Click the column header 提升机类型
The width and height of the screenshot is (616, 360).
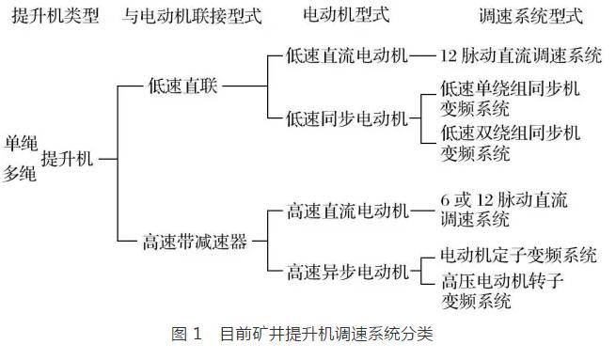point(53,16)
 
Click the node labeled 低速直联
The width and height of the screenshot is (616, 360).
point(182,86)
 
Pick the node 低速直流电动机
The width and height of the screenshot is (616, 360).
point(347,55)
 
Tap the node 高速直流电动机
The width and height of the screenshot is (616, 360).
point(347,211)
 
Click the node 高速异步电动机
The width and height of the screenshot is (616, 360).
point(347,273)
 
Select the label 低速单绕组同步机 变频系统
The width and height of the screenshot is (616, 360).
point(510,97)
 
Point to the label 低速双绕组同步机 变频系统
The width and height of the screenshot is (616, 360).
point(510,142)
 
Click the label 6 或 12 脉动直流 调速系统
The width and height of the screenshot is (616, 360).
point(504,210)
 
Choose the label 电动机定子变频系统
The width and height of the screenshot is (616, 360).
point(518,255)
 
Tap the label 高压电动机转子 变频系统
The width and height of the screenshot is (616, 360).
point(503,290)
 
